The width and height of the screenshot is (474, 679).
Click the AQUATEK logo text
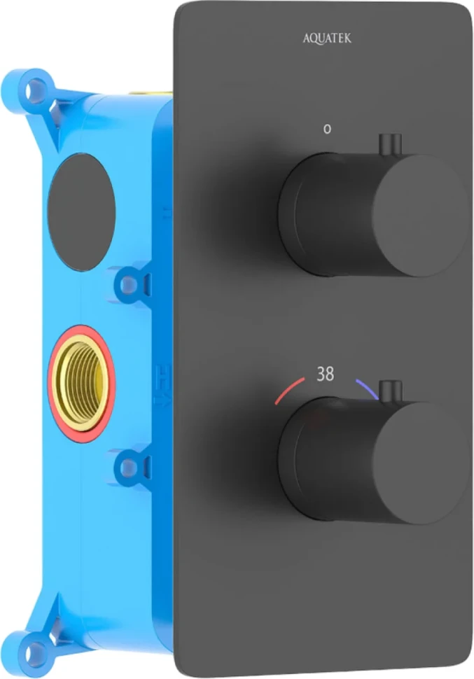click(x=327, y=38)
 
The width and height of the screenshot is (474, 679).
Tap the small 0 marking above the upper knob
click(x=328, y=129)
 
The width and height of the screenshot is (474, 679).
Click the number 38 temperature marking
click(x=326, y=374)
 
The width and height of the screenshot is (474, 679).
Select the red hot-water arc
click(x=289, y=390)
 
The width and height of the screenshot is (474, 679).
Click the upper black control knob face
click(x=419, y=215)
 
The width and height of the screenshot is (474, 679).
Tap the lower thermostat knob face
click(x=419, y=463)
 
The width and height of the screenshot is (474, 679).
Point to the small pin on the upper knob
click(x=391, y=145)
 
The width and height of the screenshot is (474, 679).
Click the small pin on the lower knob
click(x=391, y=392)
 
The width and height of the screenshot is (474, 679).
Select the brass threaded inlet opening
click(x=81, y=384)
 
